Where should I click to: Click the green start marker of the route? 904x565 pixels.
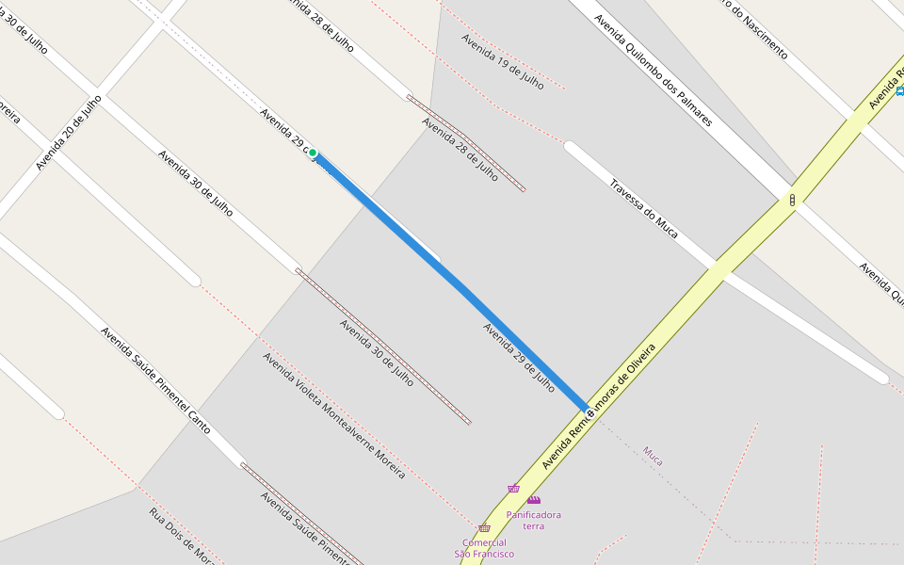[313, 153]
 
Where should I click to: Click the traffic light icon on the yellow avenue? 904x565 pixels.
[793, 201]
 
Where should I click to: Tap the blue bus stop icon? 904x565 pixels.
[900, 90]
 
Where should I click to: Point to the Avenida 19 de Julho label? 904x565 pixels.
[502, 61]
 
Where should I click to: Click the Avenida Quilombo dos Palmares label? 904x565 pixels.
[653, 71]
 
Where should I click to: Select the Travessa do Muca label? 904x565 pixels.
[643, 207]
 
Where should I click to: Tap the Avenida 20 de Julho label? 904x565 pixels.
[68, 132]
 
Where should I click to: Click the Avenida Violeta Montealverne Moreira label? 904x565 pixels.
[333, 415]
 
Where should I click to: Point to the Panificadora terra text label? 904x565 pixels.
[533, 520]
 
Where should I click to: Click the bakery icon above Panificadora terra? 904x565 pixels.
[534, 500]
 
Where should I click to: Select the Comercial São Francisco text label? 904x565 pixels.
[484, 548]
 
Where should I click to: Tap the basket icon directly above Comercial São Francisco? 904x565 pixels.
[484, 528]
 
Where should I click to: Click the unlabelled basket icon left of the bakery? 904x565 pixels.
[513, 489]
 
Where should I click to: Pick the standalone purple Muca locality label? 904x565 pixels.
[653, 457]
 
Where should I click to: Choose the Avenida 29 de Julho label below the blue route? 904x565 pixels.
[518, 357]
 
